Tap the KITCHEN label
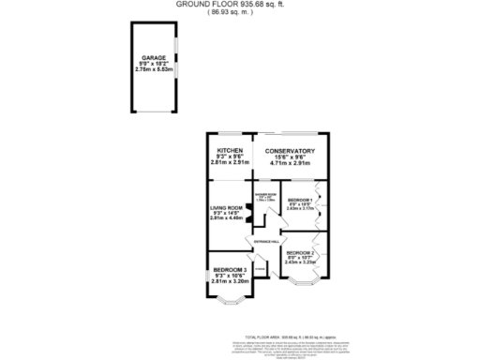tap(231, 151)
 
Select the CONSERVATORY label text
tap(289, 151)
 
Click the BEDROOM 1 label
tap(300, 201)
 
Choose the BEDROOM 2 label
tap(300, 252)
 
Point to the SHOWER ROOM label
tap(263, 193)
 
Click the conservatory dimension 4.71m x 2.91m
tap(289, 163)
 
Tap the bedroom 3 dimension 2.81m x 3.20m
tap(230, 280)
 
